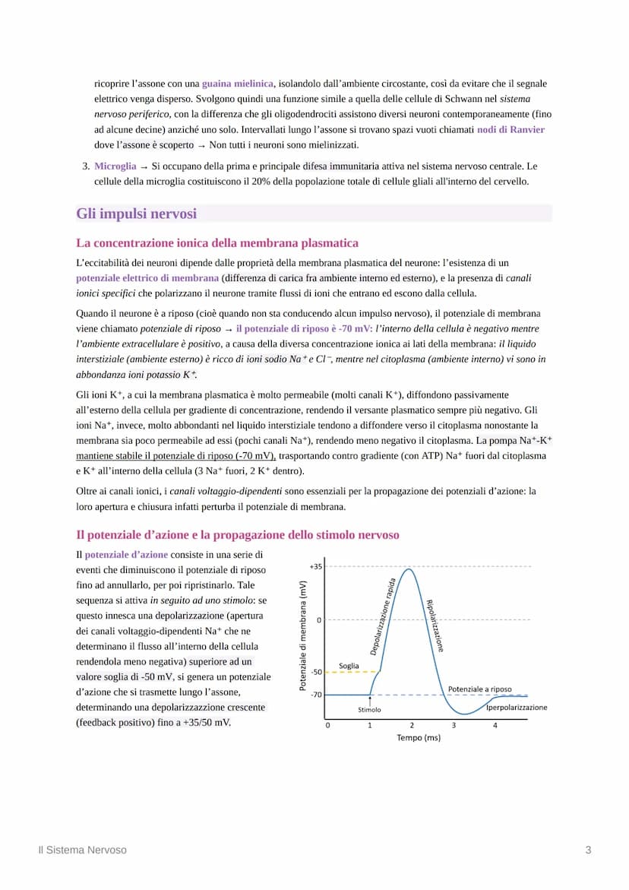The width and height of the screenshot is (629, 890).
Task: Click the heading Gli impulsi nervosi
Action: [136, 214]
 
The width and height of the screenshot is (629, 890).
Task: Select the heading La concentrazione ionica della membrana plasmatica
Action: [217, 243]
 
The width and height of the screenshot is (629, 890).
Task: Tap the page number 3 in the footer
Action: [588, 850]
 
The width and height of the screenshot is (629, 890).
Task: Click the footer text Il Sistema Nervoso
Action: [83, 850]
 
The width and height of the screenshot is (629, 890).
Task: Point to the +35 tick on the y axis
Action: [316, 566]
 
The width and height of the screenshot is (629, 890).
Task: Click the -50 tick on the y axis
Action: [316, 672]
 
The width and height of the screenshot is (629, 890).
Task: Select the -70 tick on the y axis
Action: [316, 695]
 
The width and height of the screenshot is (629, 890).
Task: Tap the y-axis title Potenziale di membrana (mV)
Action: [302, 635]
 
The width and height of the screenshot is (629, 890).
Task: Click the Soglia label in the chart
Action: [349, 666]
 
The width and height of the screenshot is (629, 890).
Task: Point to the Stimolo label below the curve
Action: [369, 710]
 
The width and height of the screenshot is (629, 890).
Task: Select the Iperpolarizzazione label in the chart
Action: [517, 707]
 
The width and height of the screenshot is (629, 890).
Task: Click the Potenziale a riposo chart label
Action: [479, 689]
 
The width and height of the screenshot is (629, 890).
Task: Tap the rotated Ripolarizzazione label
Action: [435, 626]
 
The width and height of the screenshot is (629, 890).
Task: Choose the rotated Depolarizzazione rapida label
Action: [385, 615]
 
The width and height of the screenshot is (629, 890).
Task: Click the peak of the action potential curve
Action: [410, 569]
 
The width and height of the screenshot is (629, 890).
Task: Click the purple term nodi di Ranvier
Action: [510, 129]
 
